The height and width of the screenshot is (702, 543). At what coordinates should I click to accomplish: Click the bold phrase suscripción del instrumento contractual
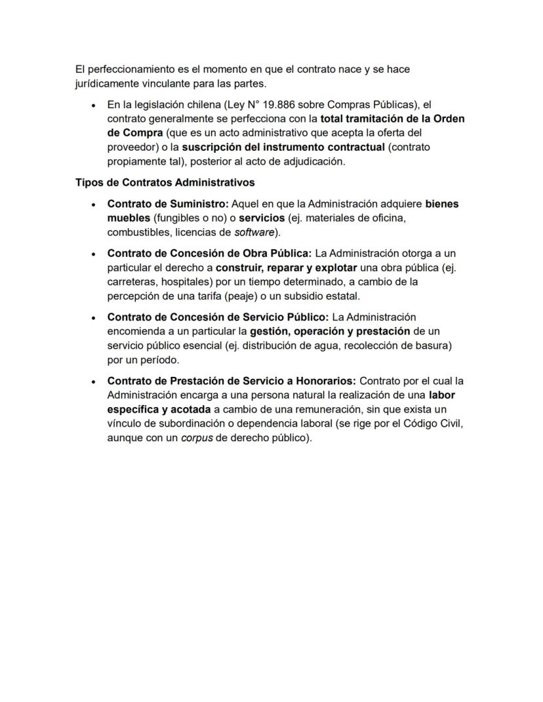click(x=283, y=147)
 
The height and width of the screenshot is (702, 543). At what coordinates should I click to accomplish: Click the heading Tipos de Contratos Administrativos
click(x=165, y=182)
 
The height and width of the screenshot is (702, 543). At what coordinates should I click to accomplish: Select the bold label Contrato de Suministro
click(x=167, y=204)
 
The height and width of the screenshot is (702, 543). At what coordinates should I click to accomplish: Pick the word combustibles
click(x=138, y=232)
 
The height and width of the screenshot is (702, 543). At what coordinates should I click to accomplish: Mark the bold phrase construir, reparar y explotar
click(x=287, y=267)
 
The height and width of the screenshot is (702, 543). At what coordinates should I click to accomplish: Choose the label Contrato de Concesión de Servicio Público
click(x=218, y=317)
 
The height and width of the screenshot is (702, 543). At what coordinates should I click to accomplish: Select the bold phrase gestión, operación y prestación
click(x=330, y=331)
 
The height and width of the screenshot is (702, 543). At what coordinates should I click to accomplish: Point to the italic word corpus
click(x=197, y=437)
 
